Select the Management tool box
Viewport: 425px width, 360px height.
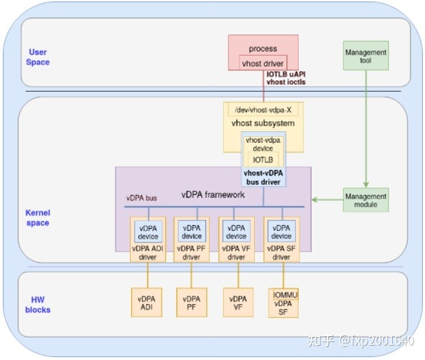(x=365, y=57)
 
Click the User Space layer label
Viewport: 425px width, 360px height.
(x=38, y=57)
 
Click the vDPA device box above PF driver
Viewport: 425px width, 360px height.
(x=192, y=232)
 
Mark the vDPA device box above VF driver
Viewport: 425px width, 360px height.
(x=236, y=232)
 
